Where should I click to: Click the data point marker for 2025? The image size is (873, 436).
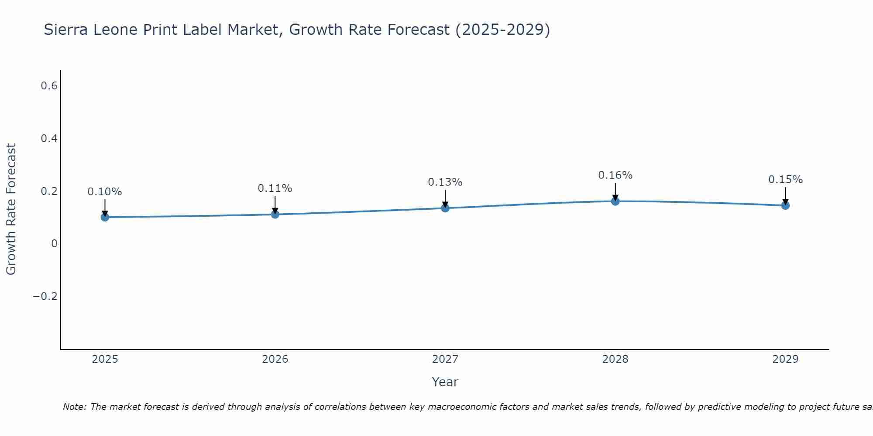pyautogui.click(x=105, y=217)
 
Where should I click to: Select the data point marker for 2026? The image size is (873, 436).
pyautogui.click(x=275, y=214)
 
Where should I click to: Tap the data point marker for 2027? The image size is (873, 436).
pyautogui.click(x=445, y=208)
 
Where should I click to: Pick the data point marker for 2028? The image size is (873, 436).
pyautogui.click(x=615, y=201)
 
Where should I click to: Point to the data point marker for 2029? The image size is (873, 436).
pyautogui.click(x=785, y=205)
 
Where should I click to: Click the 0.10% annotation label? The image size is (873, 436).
pyautogui.click(x=105, y=192)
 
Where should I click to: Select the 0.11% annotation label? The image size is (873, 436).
pyautogui.click(x=275, y=188)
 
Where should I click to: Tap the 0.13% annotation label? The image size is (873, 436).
pyautogui.click(x=445, y=182)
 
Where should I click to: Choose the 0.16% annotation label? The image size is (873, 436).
pyautogui.click(x=615, y=175)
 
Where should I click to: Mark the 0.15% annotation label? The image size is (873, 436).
pyautogui.click(x=785, y=180)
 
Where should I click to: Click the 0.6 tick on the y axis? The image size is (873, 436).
pyautogui.click(x=49, y=86)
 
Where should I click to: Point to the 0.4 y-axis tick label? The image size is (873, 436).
pyautogui.click(x=49, y=139)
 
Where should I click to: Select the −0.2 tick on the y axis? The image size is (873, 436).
pyautogui.click(x=45, y=296)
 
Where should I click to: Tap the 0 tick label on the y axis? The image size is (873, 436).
pyautogui.click(x=54, y=244)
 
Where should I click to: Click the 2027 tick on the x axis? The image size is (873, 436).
pyautogui.click(x=445, y=359)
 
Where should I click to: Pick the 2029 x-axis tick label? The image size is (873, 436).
pyautogui.click(x=785, y=359)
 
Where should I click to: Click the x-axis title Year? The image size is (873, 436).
pyautogui.click(x=445, y=382)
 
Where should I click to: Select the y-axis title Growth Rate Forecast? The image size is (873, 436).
pyautogui.click(x=11, y=209)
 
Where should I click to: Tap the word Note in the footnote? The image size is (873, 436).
pyautogui.click(x=74, y=407)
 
